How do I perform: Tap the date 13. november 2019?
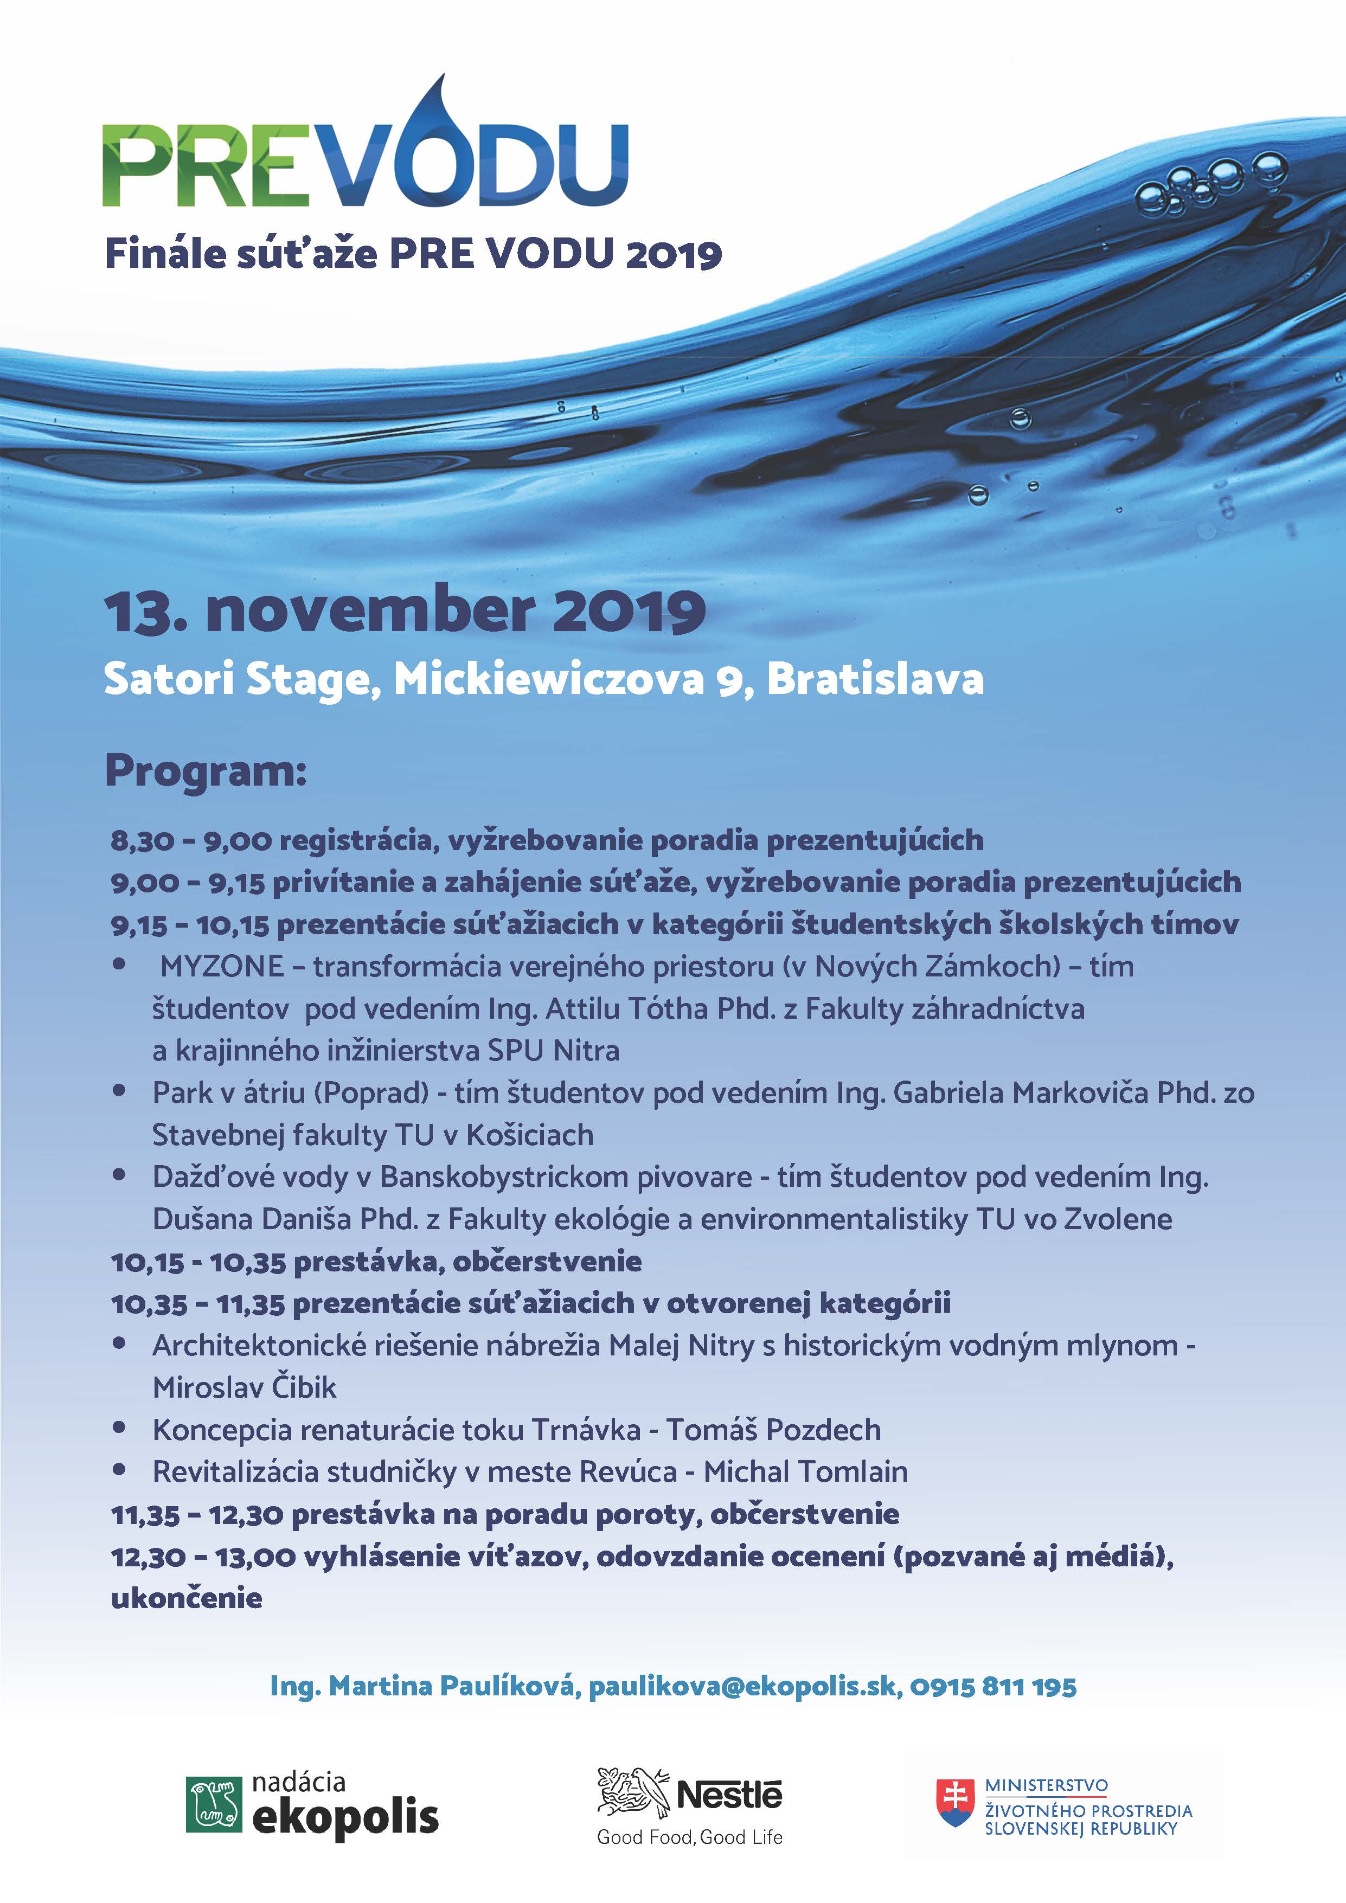pos(405,611)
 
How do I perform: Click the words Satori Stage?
pos(236,680)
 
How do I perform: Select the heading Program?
pos(206,772)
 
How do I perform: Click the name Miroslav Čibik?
pos(245,1387)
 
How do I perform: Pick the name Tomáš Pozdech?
pos(773,1430)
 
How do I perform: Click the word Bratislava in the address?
pos(875,680)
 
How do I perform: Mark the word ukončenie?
pos(187,1598)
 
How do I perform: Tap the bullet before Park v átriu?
pos(119,1091)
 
